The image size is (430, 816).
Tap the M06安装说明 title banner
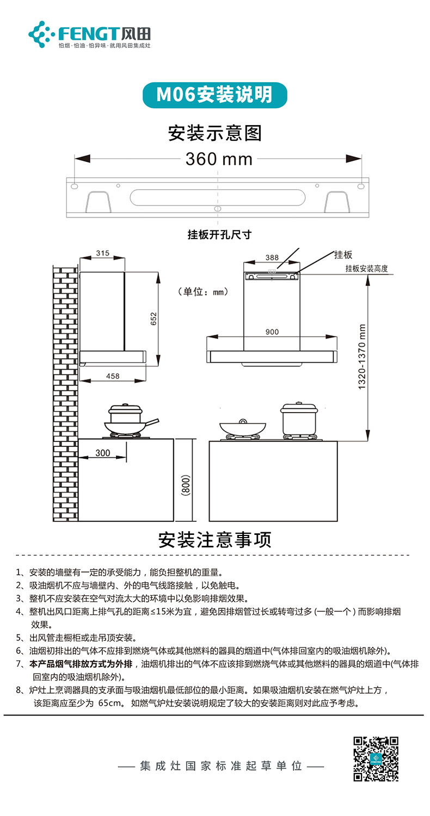tap(214, 95)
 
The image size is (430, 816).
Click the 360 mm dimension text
tap(219, 159)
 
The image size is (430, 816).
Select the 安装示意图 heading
tap(215, 133)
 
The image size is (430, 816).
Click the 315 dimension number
tap(102, 253)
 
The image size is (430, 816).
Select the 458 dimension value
tap(113, 376)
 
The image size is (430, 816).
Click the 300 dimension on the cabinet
tap(102, 453)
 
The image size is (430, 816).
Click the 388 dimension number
tap(272, 258)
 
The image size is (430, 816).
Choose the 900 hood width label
tap(272, 332)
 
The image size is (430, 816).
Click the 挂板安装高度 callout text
tap(366, 269)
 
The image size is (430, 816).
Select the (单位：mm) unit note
tap(202, 292)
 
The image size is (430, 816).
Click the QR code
tap(376, 758)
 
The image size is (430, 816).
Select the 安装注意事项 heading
tap(214, 540)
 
